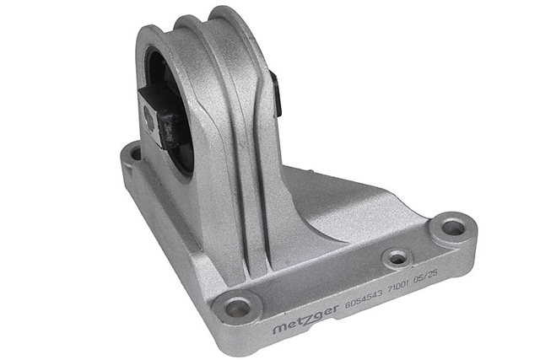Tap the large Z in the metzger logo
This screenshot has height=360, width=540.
pos(306,320)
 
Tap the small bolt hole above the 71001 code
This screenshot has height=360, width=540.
pos(397,257)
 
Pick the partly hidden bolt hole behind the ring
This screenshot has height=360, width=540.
pos(136,153)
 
